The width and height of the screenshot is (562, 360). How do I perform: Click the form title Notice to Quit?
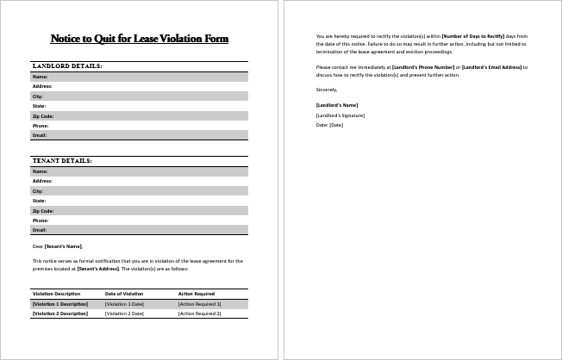point(140,39)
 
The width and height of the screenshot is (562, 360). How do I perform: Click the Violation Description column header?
point(56,294)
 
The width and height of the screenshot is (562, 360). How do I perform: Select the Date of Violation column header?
point(124,294)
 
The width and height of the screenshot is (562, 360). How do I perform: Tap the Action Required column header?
point(197,294)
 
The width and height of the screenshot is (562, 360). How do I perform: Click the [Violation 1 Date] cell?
point(124,304)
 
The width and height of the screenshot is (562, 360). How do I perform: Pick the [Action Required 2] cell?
point(200,313)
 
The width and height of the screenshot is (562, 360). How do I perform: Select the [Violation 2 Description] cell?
point(59,313)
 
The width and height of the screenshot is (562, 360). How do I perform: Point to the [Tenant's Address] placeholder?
point(97,269)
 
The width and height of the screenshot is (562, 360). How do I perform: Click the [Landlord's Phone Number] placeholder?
point(423,66)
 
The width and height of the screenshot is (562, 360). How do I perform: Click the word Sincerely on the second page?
point(327,89)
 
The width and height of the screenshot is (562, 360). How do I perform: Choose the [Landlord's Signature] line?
point(340,115)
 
